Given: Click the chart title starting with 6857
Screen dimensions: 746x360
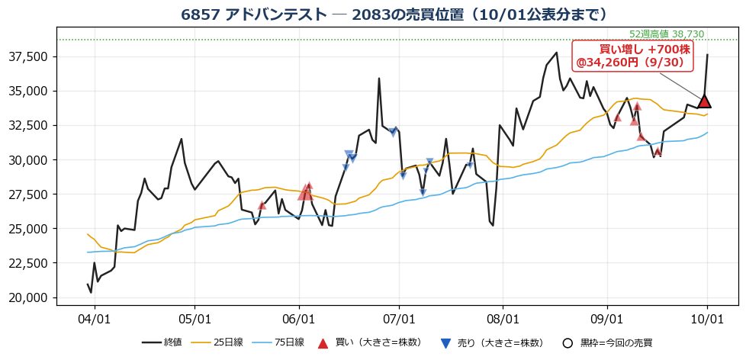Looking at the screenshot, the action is (394, 14).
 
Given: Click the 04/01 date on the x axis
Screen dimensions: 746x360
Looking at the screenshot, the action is (94, 319).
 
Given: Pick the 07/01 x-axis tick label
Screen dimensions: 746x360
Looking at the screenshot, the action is (399, 319).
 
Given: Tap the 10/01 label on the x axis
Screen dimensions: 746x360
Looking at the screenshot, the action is (707, 319).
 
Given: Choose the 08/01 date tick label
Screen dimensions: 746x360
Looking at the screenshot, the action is (503, 319).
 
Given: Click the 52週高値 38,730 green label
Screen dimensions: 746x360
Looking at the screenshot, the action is (666, 34).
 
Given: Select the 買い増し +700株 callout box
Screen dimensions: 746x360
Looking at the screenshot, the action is (633, 56).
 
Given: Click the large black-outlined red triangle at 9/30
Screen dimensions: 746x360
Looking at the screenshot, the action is (704, 101).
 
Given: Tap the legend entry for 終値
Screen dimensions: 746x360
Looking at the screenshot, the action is (161, 342).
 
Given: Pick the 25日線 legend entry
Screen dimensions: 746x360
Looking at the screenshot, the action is (217, 342).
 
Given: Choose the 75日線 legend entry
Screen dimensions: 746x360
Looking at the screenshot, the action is (278, 342).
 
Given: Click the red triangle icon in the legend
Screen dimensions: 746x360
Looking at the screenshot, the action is (323, 343).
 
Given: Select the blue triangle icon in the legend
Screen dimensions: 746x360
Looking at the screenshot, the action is (445, 343).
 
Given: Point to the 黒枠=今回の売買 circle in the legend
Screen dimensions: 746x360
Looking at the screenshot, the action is (568, 343).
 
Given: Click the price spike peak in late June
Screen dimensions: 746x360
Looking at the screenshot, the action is (378, 79).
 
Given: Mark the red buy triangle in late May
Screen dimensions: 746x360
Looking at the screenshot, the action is (262, 205).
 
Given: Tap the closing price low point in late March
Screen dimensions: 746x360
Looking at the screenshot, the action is (91, 292).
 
